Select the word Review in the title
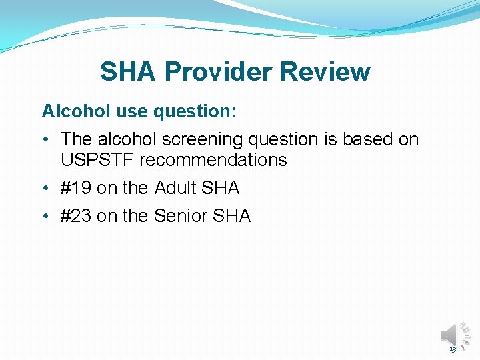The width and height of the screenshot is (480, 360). coord(325,71)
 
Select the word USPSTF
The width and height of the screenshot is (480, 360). coord(97,160)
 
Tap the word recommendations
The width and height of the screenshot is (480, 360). coord(213,160)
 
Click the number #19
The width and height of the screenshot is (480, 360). coord(76,188)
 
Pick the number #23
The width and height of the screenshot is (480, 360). coord(76,216)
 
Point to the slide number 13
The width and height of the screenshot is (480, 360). coord(453,349)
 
